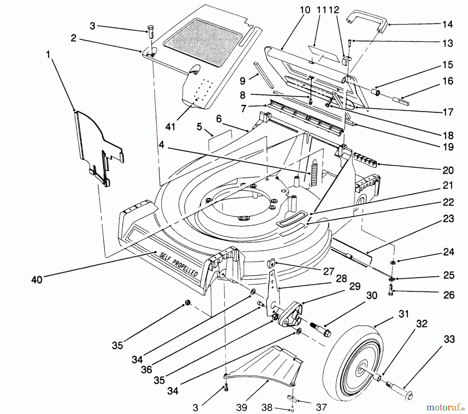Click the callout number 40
tap(37, 280)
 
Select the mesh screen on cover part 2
tap(205, 42)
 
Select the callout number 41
tap(170, 127)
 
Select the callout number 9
tap(242, 81)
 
